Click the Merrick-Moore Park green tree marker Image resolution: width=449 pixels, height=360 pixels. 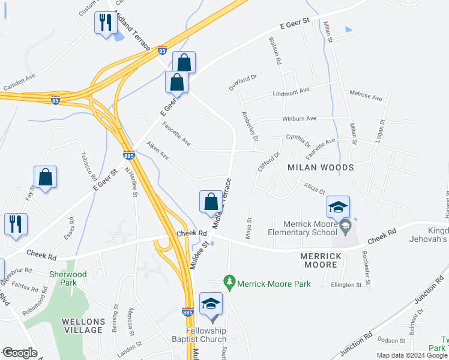pyautogui.click(x=229, y=281)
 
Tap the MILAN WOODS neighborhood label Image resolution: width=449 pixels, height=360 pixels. pyautogui.click(x=322, y=167)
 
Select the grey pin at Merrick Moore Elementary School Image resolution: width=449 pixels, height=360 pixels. pyautogui.click(x=345, y=227)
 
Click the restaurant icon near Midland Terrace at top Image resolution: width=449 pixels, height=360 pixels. pyautogui.click(x=106, y=23)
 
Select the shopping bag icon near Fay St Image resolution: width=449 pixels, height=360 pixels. pyautogui.click(x=45, y=178)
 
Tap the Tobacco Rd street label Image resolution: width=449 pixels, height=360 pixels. pyautogui.click(x=86, y=166)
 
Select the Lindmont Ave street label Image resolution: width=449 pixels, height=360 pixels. pyautogui.click(x=291, y=91)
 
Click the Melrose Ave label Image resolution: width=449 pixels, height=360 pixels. pyautogui.click(x=366, y=96)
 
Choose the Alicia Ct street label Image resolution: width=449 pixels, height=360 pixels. pyautogui.click(x=313, y=188)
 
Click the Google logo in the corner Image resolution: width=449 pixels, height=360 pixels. pyautogui.click(x=20, y=353)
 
